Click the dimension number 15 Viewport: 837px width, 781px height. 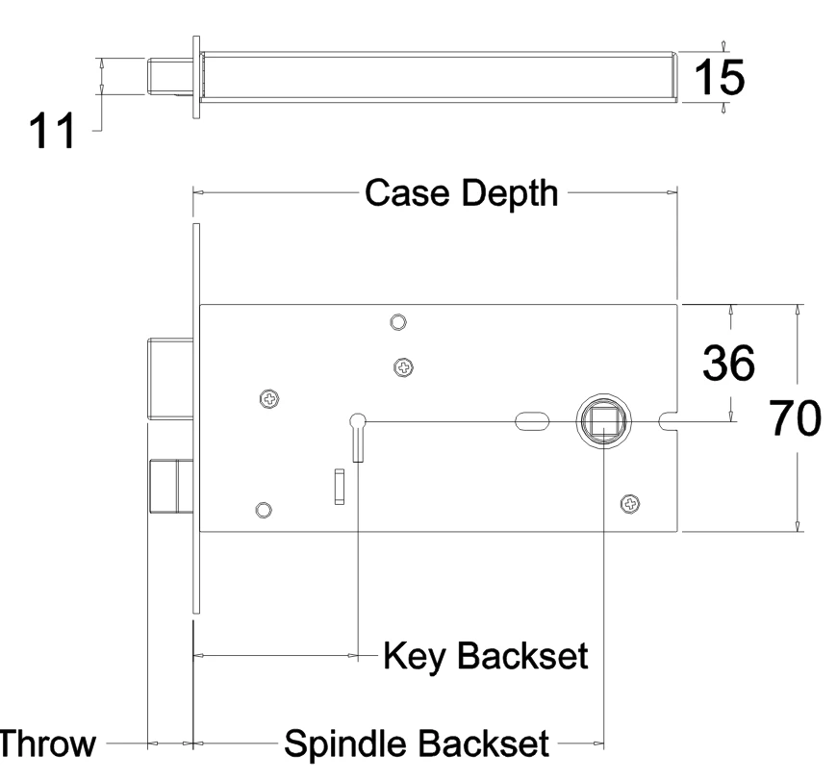click(718, 76)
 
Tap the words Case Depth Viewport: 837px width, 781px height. click(460, 193)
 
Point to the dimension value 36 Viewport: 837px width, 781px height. click(728, 364)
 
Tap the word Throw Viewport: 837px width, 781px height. click(46, 744)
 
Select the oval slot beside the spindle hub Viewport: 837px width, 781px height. click(531, 420)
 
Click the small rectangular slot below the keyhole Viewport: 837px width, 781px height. click(339, 486)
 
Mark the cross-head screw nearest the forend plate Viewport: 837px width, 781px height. click(271, 398)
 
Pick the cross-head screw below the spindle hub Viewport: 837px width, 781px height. click(630, 502)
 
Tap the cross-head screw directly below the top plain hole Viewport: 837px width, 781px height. click(403, 365)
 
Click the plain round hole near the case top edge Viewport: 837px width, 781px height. click(396, 321)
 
